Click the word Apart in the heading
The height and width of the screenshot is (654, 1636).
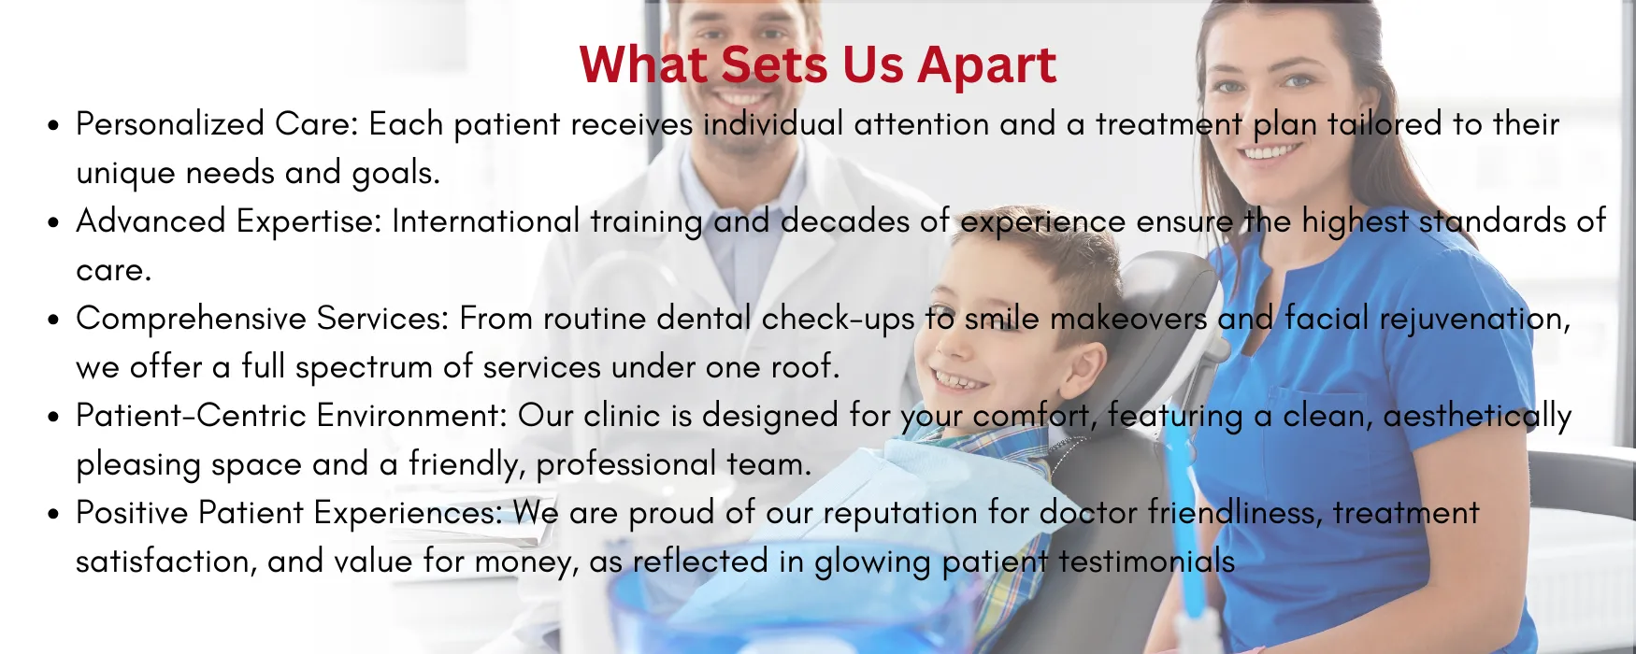click(986, 66)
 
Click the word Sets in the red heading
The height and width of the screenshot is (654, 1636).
click(775, 64)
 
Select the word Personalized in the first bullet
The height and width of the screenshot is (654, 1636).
click(170, 124)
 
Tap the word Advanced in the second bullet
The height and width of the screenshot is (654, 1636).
click(151, 221)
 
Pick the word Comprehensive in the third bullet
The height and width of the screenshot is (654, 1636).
click(192, 319)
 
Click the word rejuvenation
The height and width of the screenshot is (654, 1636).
click(1475, 320)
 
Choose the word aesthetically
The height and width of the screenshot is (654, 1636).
click(1477, 417)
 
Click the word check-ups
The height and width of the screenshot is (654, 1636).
click(839, 320)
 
